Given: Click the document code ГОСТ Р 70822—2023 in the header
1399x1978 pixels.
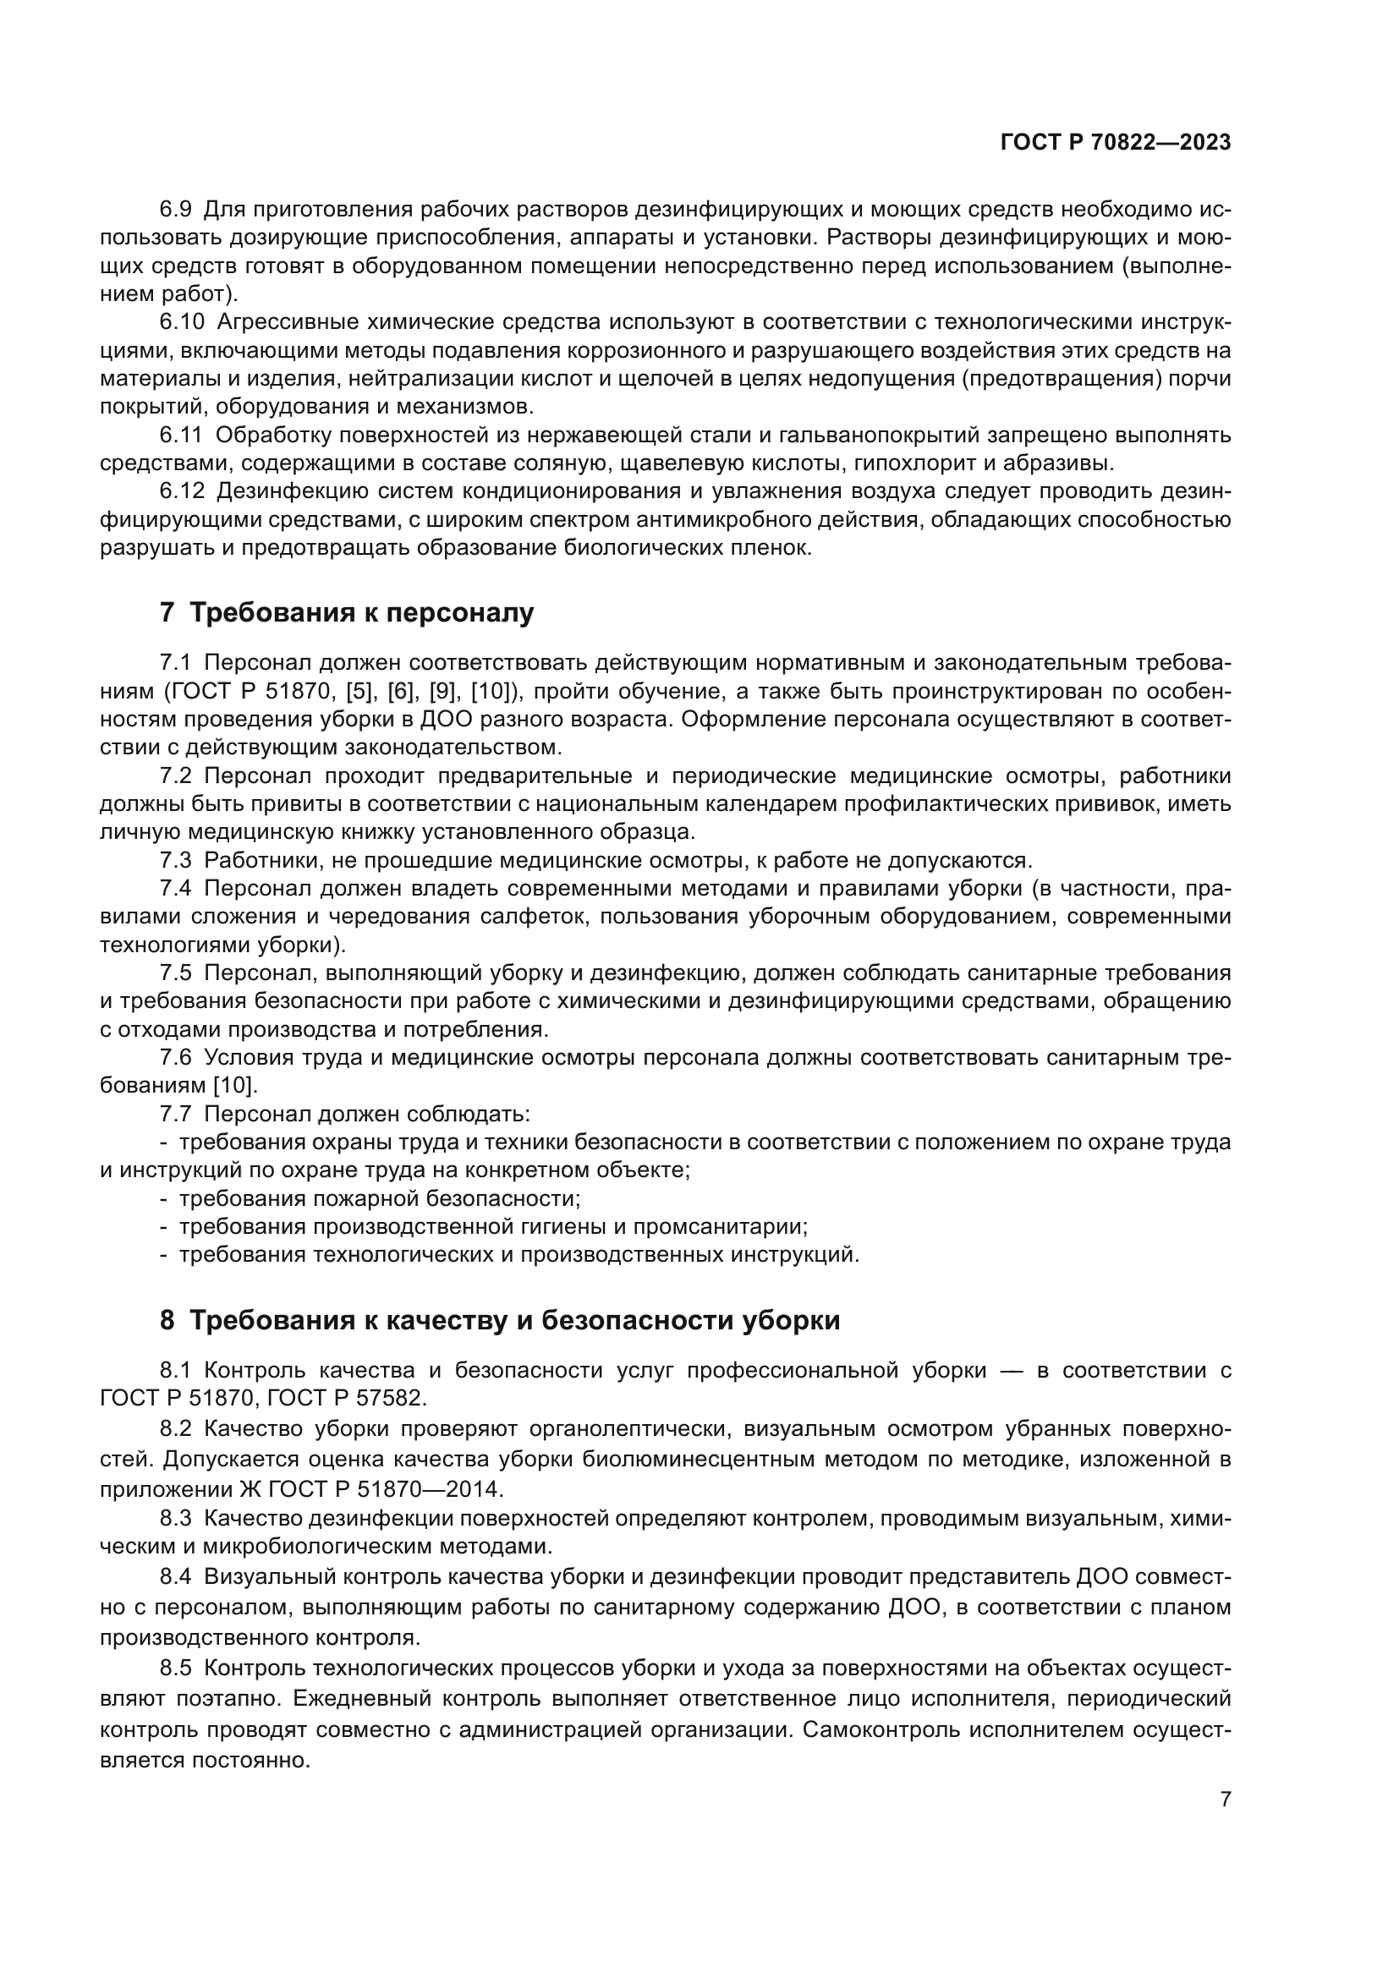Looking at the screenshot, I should pos(1116,143).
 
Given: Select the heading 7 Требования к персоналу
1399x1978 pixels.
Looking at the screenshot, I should pos(346,612).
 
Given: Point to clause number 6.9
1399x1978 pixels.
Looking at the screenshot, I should pos(176,211).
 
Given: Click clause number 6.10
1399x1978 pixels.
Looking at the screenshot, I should pos(182,322).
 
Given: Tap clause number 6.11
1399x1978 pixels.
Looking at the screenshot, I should pos(181,435).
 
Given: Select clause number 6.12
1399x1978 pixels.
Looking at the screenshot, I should pos(182,491).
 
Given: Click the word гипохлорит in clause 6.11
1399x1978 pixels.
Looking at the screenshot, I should pos(907,463).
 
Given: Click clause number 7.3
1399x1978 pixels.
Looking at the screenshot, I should pos(176,860).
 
